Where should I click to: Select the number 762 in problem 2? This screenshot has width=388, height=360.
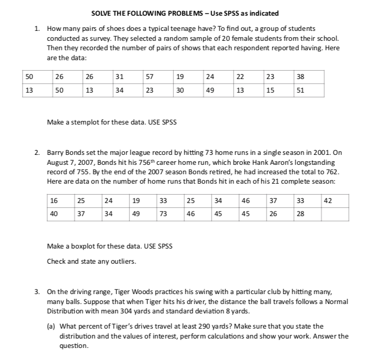pos(333,171)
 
